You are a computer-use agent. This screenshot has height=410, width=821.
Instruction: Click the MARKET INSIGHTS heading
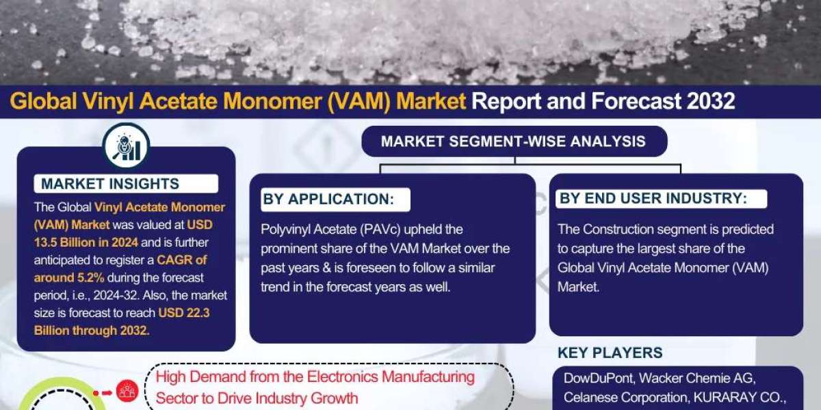tap(110, 183)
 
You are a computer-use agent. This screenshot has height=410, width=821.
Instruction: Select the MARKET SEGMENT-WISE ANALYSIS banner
tap(512, 141)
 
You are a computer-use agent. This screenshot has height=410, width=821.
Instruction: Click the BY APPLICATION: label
tap(328, 199)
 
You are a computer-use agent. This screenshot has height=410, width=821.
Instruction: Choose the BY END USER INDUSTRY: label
tap(653, 199)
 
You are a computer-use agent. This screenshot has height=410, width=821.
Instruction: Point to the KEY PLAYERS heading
tap(610, 353)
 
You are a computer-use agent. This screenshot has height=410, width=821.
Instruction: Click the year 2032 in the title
tap(708, 101)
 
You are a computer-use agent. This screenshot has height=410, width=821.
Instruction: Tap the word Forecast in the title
tap(631, 101)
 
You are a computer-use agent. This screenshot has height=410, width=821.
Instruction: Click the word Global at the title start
tap(38, 101)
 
